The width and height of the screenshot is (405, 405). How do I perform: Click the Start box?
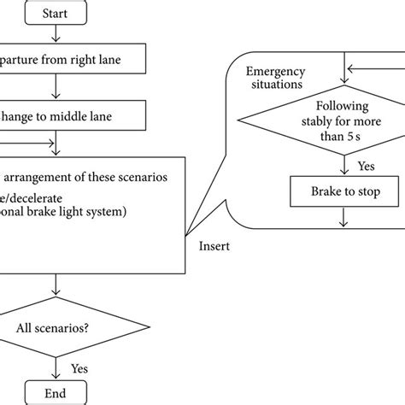click(56, 13)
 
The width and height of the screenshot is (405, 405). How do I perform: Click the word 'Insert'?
click(214, 247)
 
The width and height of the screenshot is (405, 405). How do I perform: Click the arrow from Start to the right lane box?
click(56, 34)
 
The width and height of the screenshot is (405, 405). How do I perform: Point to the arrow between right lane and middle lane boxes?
click(56, 87)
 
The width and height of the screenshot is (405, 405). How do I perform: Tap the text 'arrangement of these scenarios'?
click(94, 178)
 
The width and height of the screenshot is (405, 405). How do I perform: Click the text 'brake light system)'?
click(103, 211)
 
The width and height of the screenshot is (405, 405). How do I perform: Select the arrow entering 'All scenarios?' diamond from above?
click(56, 285)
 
